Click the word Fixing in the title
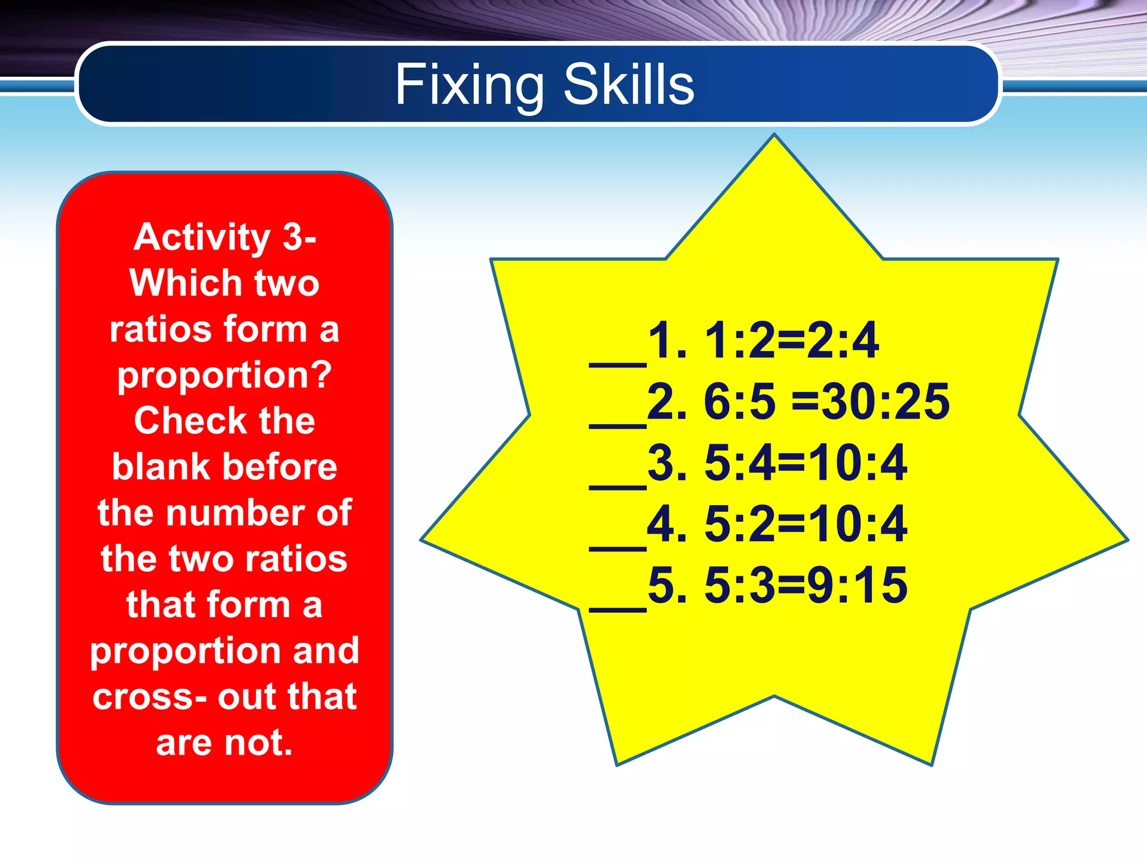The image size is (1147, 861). (469, 85)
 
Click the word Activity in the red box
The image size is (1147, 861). (202, 237)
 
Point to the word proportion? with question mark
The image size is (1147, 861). (225, 376)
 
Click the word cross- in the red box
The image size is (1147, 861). (150, 697)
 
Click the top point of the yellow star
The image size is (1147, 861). (774, 138)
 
